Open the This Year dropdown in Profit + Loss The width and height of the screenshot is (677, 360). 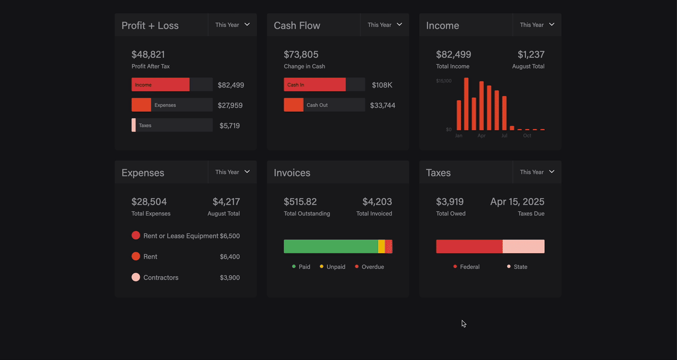pos(232,25)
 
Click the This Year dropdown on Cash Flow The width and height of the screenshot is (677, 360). pos(385,25)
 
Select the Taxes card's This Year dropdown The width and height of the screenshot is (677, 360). pos(537,172)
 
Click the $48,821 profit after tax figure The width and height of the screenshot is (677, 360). pos(148,55)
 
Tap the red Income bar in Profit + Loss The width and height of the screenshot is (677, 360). pos(160,85)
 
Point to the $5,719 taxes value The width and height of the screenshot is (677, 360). pos(229,126)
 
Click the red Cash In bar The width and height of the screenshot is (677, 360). pos(314,85)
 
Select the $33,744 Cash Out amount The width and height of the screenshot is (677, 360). pos(382,106)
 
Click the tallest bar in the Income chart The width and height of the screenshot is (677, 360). pos(466,104)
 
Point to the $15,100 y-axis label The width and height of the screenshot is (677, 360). pos(444,81)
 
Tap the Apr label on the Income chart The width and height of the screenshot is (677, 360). pos(481,136)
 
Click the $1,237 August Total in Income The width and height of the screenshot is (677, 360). pos(531,55)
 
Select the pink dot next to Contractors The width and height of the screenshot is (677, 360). pos(136,277)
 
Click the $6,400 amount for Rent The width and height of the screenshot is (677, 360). pos(229,257)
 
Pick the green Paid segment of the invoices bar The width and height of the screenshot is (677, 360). pos(331,247)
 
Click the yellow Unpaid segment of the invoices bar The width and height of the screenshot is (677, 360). pos(382,247)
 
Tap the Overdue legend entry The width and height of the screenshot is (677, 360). pos(370,267)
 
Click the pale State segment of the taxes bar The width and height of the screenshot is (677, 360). pos(523,247)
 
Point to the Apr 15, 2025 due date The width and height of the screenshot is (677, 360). pos(517,202)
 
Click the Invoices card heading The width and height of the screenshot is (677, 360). pos(292,173)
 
